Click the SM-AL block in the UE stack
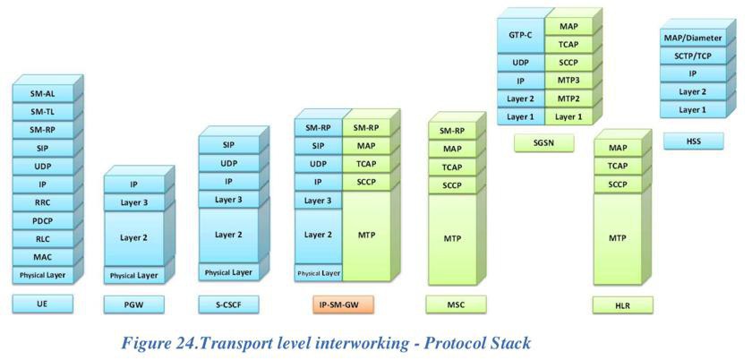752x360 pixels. point(43,93)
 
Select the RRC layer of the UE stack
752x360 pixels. point(43,202)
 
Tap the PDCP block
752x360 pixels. point(43,221)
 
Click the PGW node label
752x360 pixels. point(133,304)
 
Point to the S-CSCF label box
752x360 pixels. point(228,304)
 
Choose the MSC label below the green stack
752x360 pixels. point(456,304)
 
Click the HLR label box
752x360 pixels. point(622,304)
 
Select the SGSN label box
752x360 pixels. point(544,143)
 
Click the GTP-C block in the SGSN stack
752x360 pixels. point(520,36)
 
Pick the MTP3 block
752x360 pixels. point(568,81)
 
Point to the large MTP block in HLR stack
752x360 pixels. point(617,238)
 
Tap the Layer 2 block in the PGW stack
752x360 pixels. point(133,237)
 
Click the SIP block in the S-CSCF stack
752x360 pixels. point(228,145)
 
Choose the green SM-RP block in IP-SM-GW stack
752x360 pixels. point(366,127)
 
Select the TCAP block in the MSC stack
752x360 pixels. point(452,167)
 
